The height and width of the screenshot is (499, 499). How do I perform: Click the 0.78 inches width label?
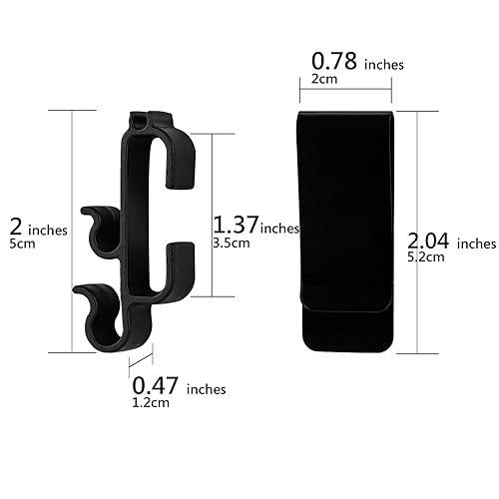[353, 63]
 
